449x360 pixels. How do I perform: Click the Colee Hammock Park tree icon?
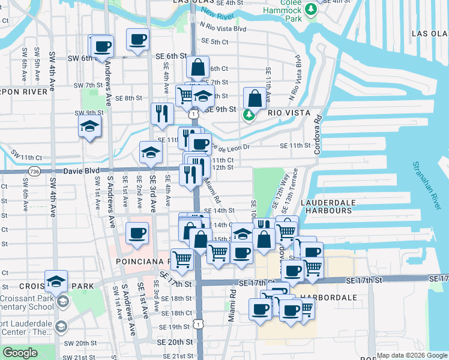[310, 10]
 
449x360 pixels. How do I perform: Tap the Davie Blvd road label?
[81, 171]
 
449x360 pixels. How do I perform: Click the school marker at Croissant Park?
[56, 281]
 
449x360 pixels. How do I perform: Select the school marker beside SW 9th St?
[89, 126]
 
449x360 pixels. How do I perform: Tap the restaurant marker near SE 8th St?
[161, 113]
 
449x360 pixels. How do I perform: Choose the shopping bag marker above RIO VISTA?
[255, 98]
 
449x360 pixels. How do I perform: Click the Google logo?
[20, 353]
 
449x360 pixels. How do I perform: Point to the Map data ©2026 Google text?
[411, 355]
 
